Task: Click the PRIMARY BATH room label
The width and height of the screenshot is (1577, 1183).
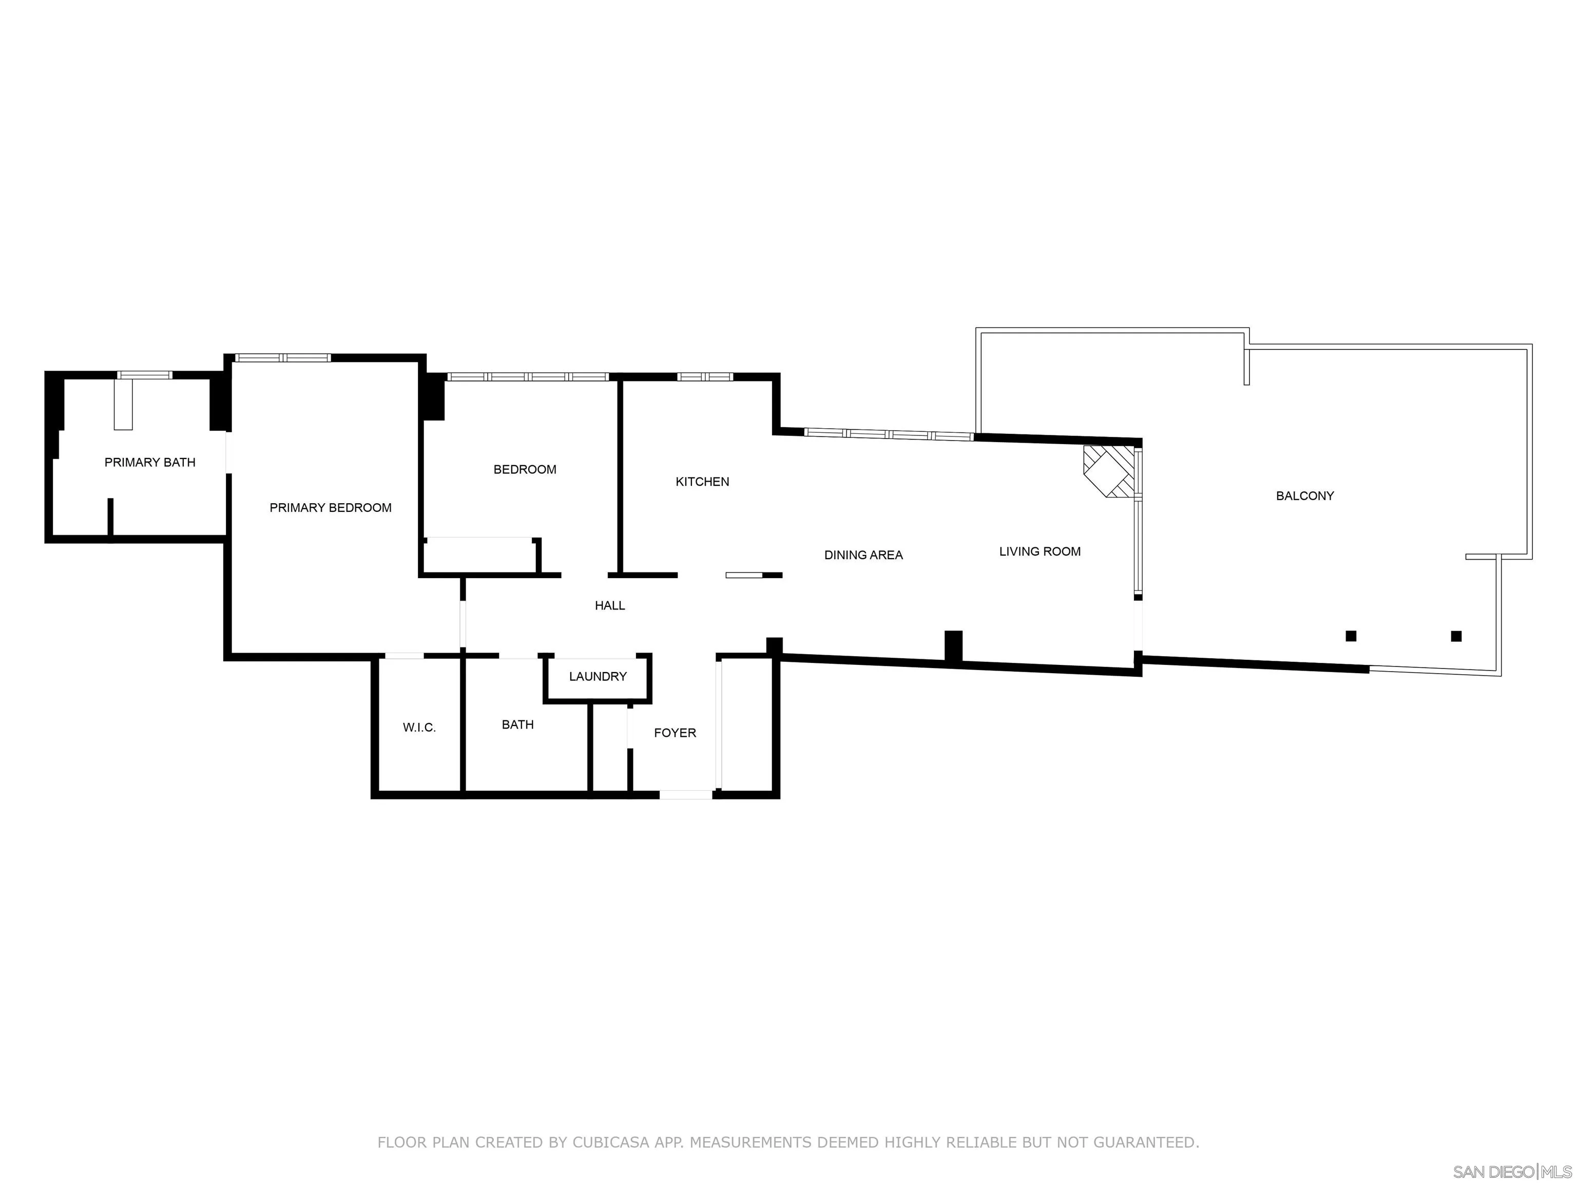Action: (x=150, y=462)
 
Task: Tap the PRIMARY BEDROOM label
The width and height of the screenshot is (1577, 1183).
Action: (x=330, y=508)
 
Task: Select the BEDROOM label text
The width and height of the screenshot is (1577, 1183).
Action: (x=525, y=469)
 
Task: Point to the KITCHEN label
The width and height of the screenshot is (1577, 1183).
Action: (x=702, y=481)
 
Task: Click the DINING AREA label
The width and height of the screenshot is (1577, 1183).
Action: (x=863, y=555)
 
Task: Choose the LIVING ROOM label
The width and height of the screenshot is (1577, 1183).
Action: (x=1040, y=551)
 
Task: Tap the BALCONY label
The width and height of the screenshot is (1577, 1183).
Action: (x=1304, y=495)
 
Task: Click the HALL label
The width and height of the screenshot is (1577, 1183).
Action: (x=609, y=605)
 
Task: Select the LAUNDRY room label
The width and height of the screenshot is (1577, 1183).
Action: (x=598, y=676)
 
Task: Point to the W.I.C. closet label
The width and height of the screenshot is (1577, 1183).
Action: (x=419, y=728)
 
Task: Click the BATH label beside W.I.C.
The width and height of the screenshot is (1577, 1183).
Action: (x=517, y=724)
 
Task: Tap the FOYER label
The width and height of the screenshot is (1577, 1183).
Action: (x=675, y=732)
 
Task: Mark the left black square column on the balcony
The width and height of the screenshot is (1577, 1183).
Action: (x=1350, y=636)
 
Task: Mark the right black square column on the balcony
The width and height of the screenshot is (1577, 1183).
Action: (x=1456, y=636)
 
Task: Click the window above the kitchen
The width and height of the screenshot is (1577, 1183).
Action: (x=704, y=376)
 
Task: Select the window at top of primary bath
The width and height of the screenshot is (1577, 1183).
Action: (x=145, y=375)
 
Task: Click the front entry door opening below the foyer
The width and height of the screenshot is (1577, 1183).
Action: (x=685, y=794)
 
